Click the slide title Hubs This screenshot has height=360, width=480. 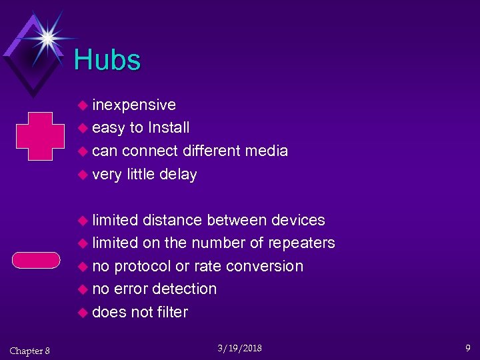point(107,60)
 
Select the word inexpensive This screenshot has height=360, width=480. point(134,105)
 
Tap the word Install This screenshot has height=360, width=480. point(169,127)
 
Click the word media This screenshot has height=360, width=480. point(266,151)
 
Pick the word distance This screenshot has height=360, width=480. point(172,220)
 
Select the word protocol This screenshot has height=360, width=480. point(143,266)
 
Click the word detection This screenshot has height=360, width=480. point(184,289)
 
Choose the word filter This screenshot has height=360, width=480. point(172,312)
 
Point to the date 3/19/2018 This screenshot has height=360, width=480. point(240,348)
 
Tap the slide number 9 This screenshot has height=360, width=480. point(468,347)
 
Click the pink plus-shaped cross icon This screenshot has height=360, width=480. point(39,136)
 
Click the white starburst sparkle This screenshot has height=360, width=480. point(47,37)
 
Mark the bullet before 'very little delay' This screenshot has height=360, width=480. point(83,175)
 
